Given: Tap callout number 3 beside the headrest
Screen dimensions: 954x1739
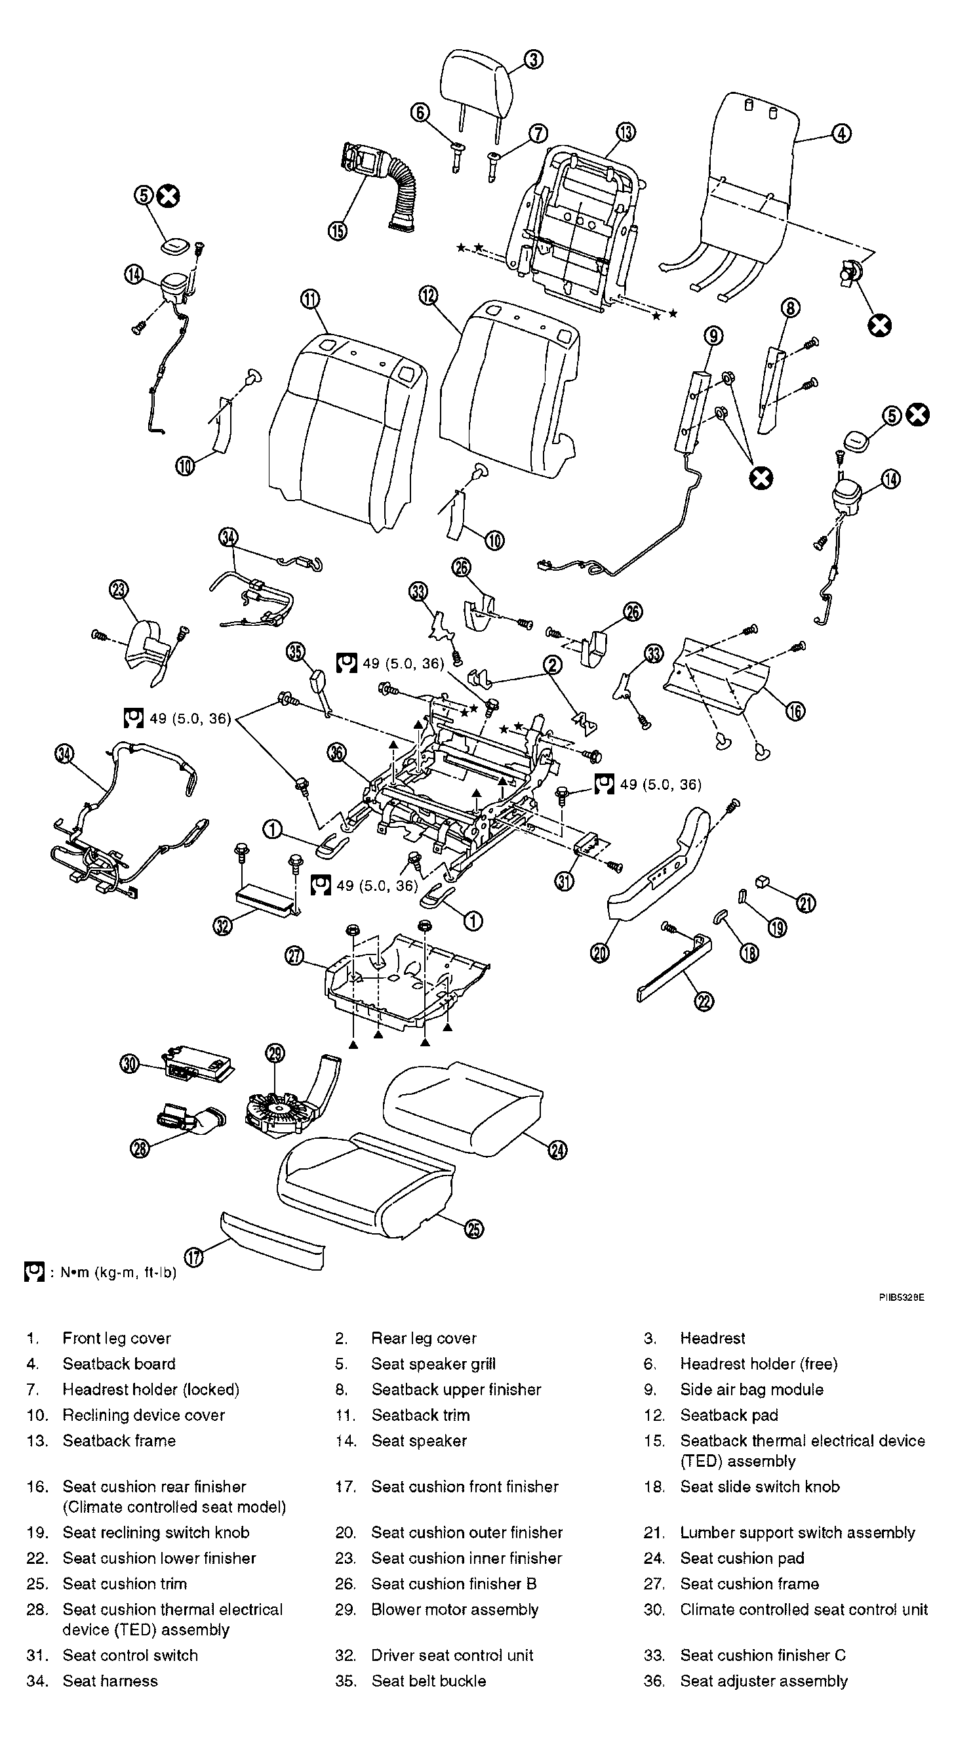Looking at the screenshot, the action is [x=533, y=60].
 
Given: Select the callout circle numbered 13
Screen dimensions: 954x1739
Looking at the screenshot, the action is [x=626, y=133].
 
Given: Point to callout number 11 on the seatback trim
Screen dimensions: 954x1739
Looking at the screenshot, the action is [x=310, y=300].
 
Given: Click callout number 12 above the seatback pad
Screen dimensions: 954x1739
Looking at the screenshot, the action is [x=428, y=296].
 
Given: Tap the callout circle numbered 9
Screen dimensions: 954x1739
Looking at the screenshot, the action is [x=713, y=335].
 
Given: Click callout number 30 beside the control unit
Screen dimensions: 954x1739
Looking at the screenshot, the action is [x=129, y=1065].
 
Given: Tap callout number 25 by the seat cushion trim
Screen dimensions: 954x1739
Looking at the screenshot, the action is [x=474, y=1229].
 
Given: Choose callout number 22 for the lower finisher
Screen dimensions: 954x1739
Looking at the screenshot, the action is [x=704, y=1001].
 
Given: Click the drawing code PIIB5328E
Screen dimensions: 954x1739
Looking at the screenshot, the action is [x=901, y=1297].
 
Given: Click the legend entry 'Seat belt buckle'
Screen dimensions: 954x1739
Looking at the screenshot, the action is [x=428, y=1681].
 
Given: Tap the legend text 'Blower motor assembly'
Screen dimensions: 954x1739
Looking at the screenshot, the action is [x=455, y=1609].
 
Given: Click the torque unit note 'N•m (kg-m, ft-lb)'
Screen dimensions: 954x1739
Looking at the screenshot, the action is [x=118, y=1273].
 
